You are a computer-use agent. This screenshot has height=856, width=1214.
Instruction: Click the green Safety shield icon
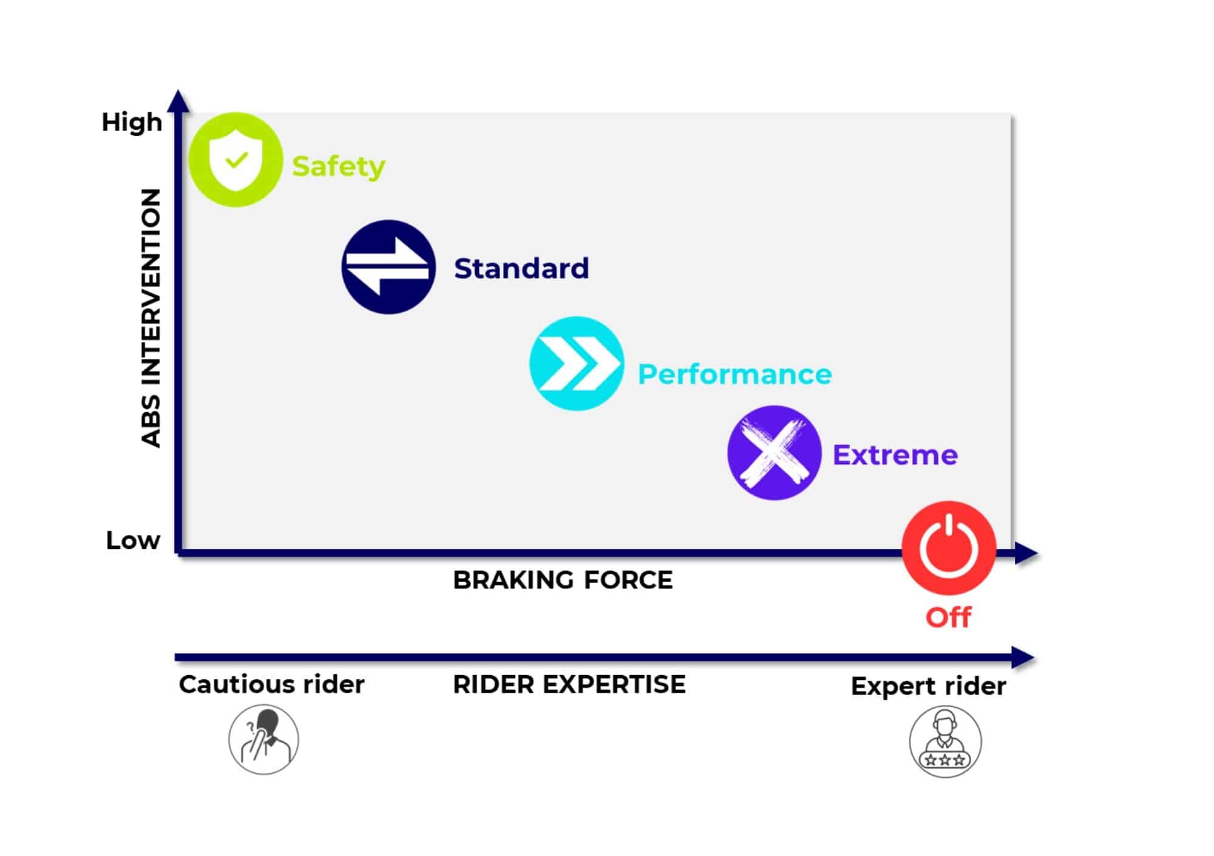pos(236,160)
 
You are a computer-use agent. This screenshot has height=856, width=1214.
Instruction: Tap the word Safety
pos(338,166)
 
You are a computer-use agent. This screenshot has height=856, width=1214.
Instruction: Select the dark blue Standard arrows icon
pos(388,267)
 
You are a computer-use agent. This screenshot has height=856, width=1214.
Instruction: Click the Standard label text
pos(521,268)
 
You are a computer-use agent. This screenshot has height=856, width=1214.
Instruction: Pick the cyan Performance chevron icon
pos(577,364)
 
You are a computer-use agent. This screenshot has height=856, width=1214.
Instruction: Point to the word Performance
pos(734,374)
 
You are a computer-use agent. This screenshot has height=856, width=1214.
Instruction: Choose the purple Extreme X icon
pos(774,453)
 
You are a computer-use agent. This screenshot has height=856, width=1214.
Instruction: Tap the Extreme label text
pos(895,455)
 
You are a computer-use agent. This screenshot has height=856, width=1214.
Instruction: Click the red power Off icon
pos(949,548)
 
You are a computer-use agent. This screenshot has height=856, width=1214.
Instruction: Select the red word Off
pos(948,617)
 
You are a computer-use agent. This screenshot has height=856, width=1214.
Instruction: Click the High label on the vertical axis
pos(132,122)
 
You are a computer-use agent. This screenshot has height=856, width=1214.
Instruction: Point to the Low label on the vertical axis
pos(133,540)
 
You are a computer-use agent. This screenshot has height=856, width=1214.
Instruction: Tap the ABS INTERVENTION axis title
pos(151,318)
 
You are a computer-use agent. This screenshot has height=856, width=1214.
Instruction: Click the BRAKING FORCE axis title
pos(563,580)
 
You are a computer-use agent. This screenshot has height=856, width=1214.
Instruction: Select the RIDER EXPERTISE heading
pos(569,684)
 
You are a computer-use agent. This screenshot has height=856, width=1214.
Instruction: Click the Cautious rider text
pos(271,684)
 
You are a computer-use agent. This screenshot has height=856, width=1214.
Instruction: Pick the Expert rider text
pos(928,686)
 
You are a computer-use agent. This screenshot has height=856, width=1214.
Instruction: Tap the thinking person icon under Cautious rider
pos(263,739)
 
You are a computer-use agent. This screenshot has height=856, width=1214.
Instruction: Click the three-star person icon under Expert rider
pos(945,742)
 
